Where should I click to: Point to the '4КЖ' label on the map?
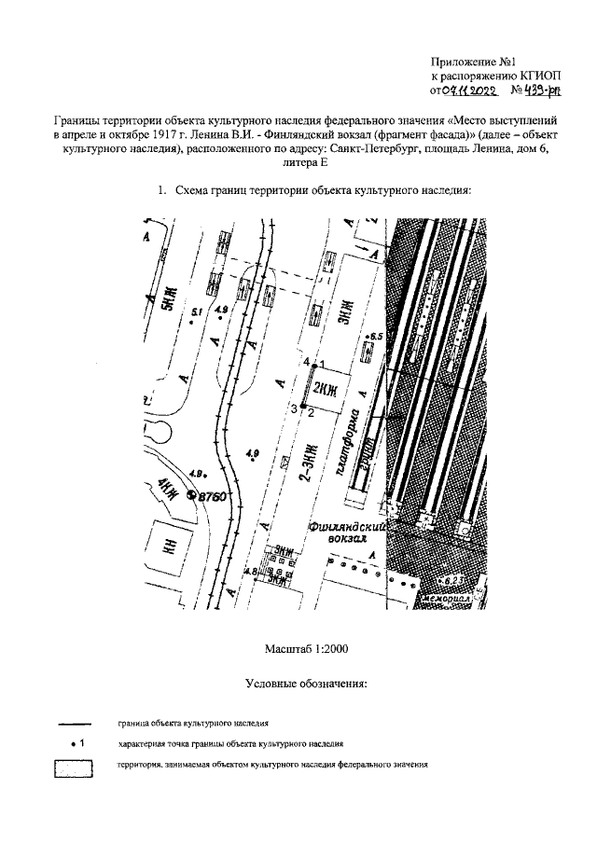tap(168, 485)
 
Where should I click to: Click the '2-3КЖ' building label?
tap(304, 461)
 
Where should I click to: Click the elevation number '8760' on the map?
tap(213, 498)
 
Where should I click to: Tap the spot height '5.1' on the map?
tap(197, 311)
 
